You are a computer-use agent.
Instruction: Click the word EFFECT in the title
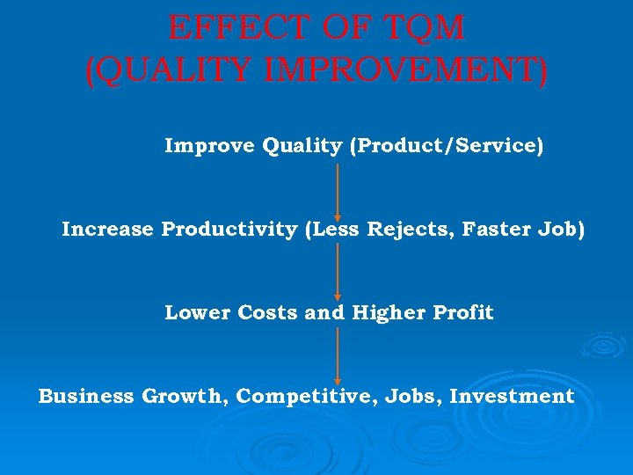[221, 28]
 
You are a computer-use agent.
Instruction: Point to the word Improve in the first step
[209, 145]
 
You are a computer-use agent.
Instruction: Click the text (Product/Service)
[446, 145]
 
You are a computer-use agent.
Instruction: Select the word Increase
[107, 229]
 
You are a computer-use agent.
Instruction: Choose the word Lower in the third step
[196, 312]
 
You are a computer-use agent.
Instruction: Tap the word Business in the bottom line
[86, 396]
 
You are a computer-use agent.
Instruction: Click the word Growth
[186, 396]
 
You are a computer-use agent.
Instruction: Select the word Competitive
[309, 396]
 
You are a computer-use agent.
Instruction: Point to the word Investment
[512, 396]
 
